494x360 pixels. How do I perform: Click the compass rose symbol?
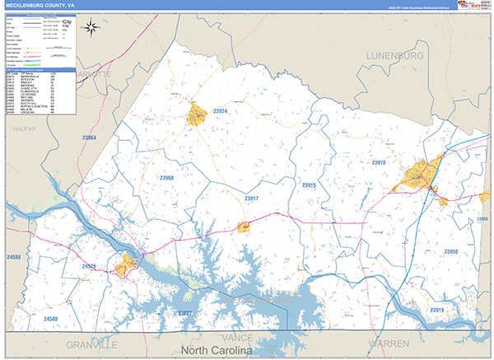(x=91, y=27)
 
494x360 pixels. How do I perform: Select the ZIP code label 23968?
(x=167, y=178)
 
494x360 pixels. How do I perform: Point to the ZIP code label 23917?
(x=252, y=199)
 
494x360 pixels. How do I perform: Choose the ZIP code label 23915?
(x=309, y=186)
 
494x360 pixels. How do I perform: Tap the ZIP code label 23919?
(x=436, y=310)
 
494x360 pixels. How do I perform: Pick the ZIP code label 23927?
(x=184, y=314)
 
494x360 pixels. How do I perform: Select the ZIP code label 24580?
(x=51, y=318)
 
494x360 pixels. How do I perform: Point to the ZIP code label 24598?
(x=12, y=258)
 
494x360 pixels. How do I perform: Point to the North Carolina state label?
(x=216, y=352)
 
